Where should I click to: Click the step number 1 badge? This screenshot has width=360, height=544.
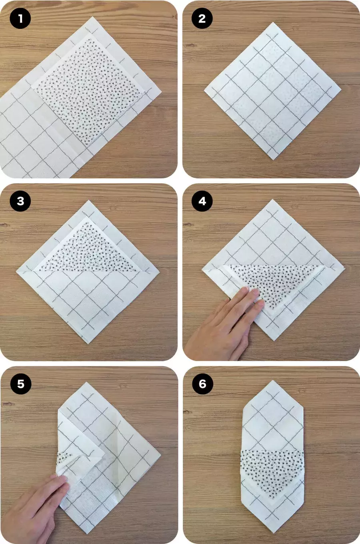click(20, 18)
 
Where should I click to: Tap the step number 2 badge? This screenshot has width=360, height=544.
click(202, 18)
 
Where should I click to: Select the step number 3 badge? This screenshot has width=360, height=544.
click(20, 201)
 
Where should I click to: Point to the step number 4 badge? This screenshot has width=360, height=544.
click(202, 201)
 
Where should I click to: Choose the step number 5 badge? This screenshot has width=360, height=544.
click(21, 384)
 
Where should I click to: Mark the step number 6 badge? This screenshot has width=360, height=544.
click(202, 384)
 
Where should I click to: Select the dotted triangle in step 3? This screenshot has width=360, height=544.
click(89, 250)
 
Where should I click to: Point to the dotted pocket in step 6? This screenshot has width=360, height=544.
click(272, 469)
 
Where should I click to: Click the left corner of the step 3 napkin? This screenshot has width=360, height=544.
click(16, 271)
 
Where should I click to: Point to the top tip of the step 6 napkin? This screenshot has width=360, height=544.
click(273, 380)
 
